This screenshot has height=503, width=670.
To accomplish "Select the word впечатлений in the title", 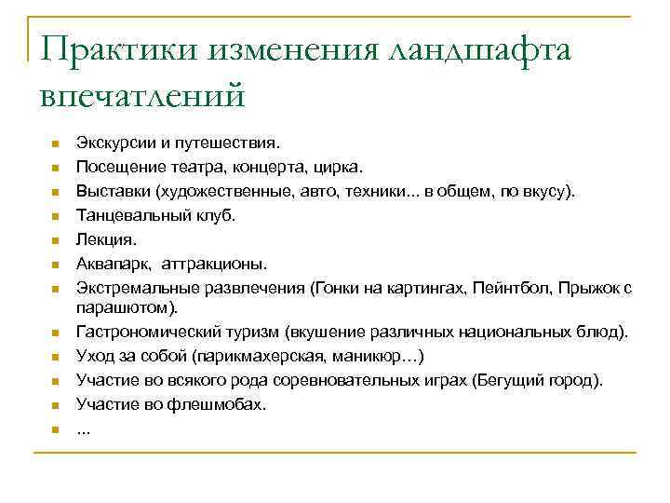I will click(144, 94).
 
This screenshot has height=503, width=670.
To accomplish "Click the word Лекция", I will click(99, 238).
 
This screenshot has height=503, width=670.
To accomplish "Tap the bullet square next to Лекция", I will click(56, 240).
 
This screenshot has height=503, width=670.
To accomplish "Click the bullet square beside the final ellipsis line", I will click(56, 429).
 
